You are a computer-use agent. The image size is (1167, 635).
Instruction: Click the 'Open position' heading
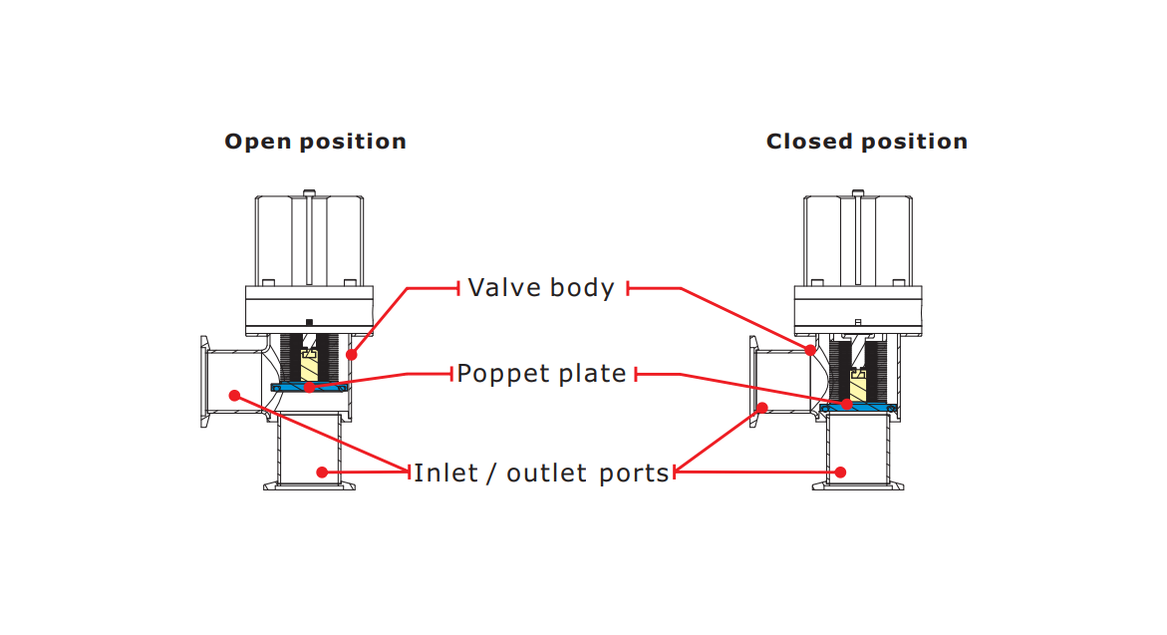[x=315, y=142]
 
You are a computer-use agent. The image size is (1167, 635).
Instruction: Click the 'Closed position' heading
[x=866, y=142]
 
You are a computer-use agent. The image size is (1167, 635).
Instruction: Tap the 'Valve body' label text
[x=541, y=288]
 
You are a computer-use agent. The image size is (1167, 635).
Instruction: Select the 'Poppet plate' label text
[x=541, y=374]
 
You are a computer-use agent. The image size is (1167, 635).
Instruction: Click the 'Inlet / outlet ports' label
[x=541, y=473]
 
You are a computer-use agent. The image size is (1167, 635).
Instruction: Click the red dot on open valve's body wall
[x=351, y=354]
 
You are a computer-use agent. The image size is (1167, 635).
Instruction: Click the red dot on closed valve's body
[x=810, y=350]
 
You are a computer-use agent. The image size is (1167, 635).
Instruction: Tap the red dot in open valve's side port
[x=234, y=396]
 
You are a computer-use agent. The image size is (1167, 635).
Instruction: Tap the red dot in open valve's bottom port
[x=321, y=472]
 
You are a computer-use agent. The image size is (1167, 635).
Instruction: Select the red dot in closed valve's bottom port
[x=840, y=472]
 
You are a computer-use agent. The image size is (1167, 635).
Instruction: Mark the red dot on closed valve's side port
[x=761, y=407]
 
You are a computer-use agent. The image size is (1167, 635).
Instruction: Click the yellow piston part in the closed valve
[x=858, y=385]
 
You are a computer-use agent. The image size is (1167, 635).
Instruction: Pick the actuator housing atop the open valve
[x=309, y=239]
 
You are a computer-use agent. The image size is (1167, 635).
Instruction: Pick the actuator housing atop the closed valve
[x=857, y=239]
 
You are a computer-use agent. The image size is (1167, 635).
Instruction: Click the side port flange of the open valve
[x=205, y=384]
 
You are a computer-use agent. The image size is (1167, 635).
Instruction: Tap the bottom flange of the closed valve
[x=860, y=485]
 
